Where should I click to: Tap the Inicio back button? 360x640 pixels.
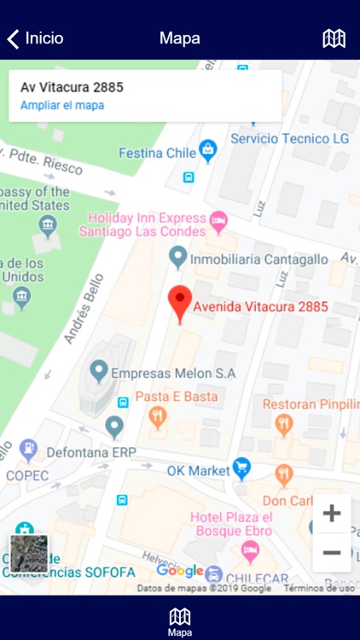click(x=36, y=38)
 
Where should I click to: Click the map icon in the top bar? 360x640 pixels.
click(x=334, y=38)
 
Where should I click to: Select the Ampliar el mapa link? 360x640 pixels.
click(x=62, y=106)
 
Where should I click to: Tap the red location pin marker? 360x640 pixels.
click(x=179, y=304)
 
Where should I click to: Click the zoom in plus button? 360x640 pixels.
click(x=332, y=513)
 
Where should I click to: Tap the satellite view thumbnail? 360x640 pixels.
click(x=29, y=553)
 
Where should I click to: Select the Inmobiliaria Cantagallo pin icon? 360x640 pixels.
click(x=177, y=255)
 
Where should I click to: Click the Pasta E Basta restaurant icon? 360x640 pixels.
click(x=157, y=417)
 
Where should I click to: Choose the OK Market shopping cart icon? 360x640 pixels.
click(x=242, y=468)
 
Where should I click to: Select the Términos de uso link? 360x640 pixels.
click(x=319, y=588)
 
